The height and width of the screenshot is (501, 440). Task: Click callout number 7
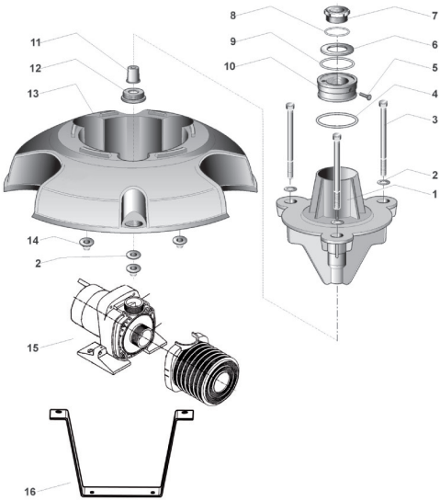point(434,16)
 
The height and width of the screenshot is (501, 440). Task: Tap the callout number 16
point(29,491)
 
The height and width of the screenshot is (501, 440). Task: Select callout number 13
point(33,94)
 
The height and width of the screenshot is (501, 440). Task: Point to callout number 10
point(230,66)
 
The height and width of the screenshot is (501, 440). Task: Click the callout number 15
point(32,348)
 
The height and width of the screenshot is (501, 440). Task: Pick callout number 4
point(434,94)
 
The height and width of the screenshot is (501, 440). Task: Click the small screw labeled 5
point(366,95)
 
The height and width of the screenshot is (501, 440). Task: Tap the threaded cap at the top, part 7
point(337,14)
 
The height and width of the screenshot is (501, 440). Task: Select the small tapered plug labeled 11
point(133,74)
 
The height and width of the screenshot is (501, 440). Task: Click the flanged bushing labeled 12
point(133,95)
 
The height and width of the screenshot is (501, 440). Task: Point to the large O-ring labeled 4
point(337,120)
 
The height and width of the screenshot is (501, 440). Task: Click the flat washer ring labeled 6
point(337,49)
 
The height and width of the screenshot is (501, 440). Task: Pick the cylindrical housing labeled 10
point(337,87)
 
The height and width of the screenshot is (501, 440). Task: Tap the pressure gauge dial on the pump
point(132,302)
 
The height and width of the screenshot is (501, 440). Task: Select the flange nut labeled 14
point(85,243)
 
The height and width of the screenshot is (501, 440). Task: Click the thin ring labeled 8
point(337,32)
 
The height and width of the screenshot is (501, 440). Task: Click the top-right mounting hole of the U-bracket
point(184,413)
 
